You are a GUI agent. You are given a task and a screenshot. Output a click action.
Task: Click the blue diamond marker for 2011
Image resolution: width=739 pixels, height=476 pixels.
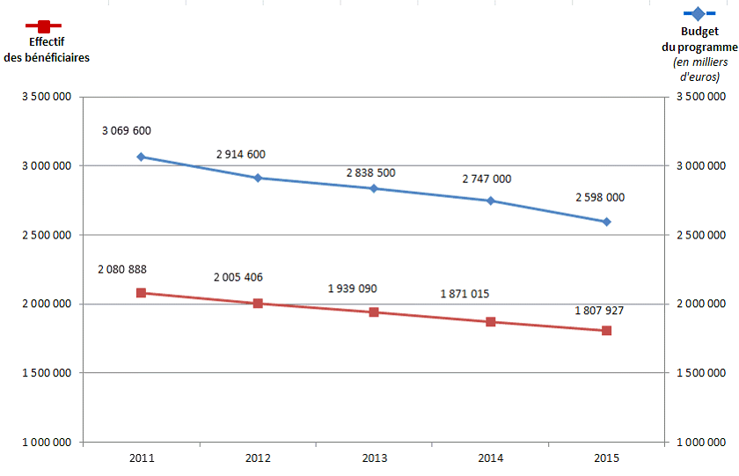[x=141, y=157]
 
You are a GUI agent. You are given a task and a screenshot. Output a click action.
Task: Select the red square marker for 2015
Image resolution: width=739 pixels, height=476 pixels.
[x=606, y=331]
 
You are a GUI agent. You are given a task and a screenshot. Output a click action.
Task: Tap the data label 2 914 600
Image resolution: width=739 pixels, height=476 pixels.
[x=240, y=155]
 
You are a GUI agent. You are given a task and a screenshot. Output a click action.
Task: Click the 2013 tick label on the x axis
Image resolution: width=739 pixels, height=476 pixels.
[x=374, y=458]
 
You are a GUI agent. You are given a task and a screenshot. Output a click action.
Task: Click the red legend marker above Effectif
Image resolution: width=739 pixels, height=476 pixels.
[x=43, y=27]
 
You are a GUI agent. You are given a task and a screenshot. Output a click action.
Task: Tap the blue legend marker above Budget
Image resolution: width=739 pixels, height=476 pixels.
[x=699, y=14]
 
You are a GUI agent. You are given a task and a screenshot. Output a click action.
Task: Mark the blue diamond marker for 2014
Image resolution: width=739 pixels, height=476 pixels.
[x=490, y=201]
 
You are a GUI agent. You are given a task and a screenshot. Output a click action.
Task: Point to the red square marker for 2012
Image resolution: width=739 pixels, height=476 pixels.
[x=258, y=304]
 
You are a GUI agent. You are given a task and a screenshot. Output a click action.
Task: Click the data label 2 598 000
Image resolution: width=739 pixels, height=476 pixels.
[x=600, y=198]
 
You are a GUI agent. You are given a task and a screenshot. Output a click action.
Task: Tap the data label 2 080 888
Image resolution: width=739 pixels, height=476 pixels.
[x=122, y=269]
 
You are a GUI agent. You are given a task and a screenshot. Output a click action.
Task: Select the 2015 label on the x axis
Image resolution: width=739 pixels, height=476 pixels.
[x=606, y=458]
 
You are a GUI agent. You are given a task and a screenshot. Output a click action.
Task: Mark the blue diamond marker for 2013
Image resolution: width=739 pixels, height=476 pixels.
[x=374, y=188]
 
